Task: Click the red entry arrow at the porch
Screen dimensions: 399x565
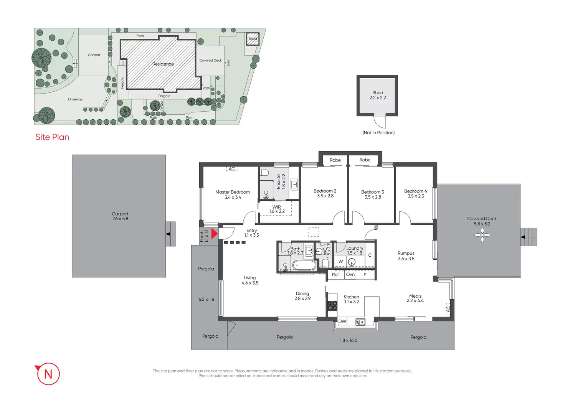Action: [x=214, y=233]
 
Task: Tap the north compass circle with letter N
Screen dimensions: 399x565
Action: [x=48, y=374]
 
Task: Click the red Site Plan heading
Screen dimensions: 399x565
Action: [x=52, y=137]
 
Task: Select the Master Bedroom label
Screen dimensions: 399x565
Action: [x=233, y=195]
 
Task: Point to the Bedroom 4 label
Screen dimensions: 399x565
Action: [x=415, y=193]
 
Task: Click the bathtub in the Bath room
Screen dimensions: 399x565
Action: [x=304, y=265]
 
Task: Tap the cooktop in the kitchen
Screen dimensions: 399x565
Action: [x=332, y=306]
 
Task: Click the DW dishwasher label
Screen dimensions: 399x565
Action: [x=342, y=322]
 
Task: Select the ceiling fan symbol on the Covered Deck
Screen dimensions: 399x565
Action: [x=482, y=235]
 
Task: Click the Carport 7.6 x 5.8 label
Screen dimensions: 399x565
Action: [x=120, y=216]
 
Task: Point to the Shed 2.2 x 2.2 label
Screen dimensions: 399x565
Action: [x=378, y=95]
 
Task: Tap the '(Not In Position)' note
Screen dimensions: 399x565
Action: [x=378, y=133]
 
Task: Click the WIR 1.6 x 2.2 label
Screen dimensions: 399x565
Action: [x=277, y=209]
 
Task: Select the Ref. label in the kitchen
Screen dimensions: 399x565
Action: [x=335, y=275]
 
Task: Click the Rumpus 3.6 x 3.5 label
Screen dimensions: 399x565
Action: [x=406, y=256]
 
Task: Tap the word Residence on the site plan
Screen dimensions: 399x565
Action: [x=163, y=64]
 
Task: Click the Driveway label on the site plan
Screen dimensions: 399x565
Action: [x=75, y=99]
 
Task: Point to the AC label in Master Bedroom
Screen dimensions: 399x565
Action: [x=232, y=169]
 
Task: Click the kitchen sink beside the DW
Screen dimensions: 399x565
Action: [x=360, y=322]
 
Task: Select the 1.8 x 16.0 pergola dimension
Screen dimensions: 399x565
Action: [x=348, y=340]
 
